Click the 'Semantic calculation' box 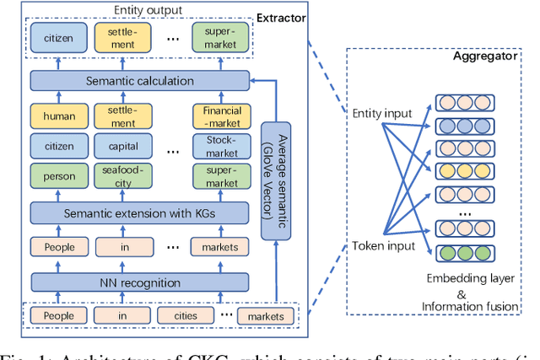[x=139, y=81]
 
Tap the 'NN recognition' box [x=139, y=281]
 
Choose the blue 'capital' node [x=122, y=146]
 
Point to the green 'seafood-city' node [x=122, y=176]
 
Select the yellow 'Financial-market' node [x=222, y=115]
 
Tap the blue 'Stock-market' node [x=222, y=146]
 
